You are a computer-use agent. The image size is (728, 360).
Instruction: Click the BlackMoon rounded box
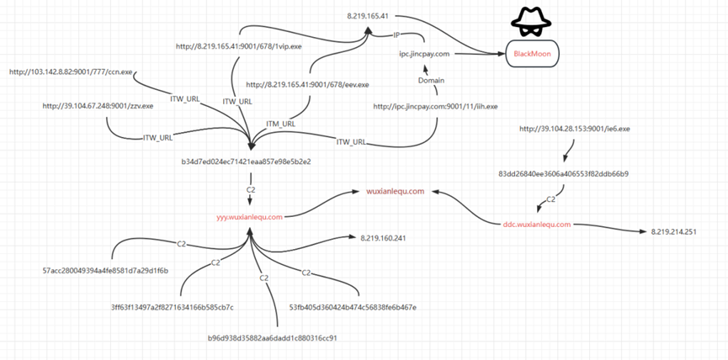531,55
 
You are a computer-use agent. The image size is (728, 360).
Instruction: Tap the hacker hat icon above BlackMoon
529,22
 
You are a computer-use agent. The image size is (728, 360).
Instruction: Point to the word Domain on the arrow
431,80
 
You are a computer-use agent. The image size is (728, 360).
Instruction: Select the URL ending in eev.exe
307,85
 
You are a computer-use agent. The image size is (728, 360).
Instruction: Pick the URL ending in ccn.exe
72,71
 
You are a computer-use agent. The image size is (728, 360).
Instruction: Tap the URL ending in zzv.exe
98,106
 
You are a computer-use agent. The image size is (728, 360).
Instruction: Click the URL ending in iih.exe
436,107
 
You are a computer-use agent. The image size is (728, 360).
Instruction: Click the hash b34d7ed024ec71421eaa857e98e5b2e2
247,161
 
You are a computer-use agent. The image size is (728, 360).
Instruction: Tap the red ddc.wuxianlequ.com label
537,224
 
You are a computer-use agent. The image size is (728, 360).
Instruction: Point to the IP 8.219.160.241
383,238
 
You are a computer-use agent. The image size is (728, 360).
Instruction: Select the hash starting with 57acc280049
105,271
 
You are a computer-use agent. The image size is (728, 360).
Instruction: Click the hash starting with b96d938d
273,337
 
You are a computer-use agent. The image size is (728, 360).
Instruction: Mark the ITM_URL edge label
280,124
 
